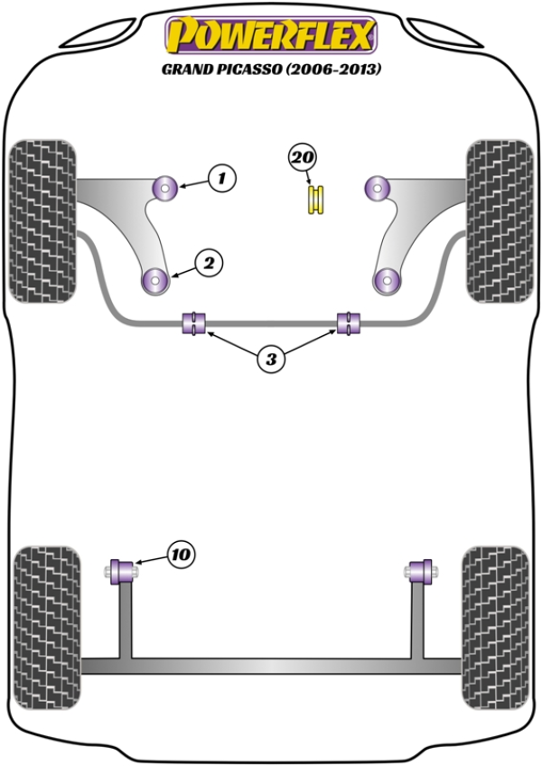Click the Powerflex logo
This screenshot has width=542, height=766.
click(x=269, y=36)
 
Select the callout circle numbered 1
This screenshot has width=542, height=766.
click(x=222, y=179)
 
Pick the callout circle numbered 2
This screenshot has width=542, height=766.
click(x=208, y=264)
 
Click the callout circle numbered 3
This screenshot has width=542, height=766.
click(x=270, y=360)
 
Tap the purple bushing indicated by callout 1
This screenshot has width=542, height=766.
click(x=166, y=188)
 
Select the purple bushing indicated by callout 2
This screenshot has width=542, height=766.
click(x=156, y=281)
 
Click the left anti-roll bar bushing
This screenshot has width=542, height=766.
click(x=195, y=322)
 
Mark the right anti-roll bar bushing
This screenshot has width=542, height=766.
click(x=349, y=322)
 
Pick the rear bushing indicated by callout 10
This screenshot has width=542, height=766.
click(x=121, y=572)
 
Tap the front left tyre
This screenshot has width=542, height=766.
click(x=42, y=220)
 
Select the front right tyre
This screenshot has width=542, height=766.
click(x=499, y=220)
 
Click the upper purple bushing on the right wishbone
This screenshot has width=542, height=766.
click(x=376, y=188)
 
